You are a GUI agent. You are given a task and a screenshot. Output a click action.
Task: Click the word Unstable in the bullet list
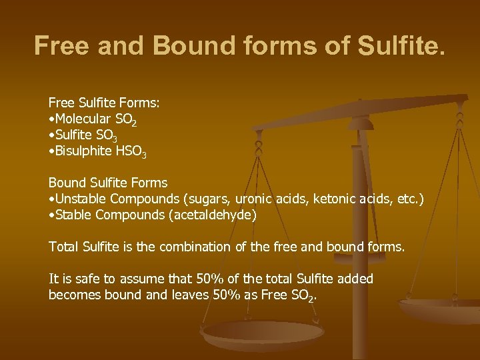coord(81,199)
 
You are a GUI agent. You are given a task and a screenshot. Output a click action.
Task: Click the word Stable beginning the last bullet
coord(74,215)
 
